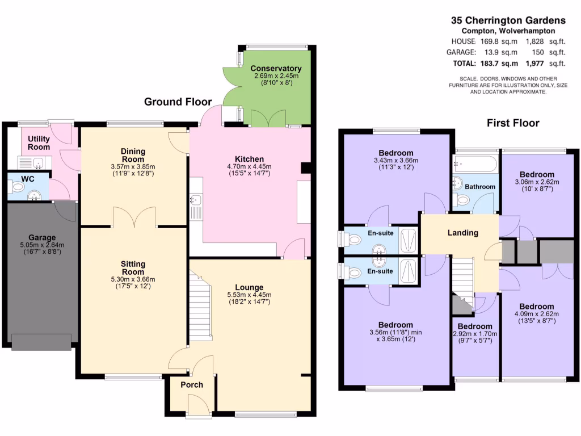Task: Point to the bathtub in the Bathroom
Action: [475, 165]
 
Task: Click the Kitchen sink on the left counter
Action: [196, 200]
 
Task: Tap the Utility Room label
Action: [39, 142]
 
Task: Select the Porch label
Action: [192, 385]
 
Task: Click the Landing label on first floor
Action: [462, 233]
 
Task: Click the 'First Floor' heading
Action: [513, 123]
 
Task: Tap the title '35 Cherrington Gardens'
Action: [508, 19]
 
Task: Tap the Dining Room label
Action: [133, 155]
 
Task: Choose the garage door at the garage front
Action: [42, 342]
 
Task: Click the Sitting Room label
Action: [133, 268]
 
